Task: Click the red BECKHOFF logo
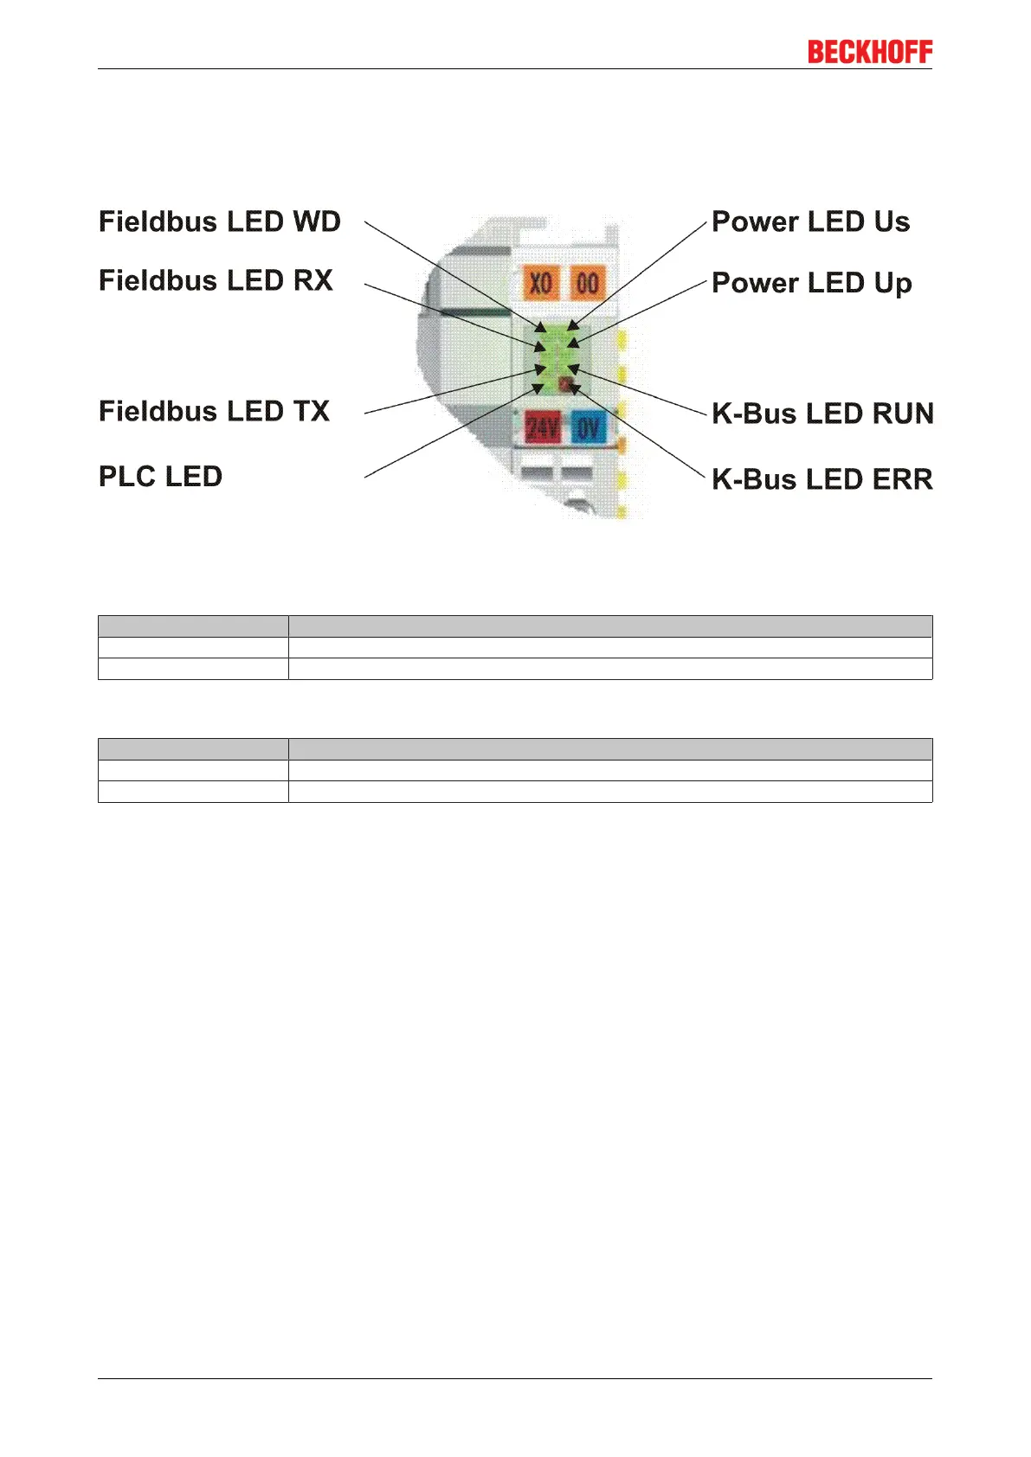(870, 52)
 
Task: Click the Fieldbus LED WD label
(220, 221)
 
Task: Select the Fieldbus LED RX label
(216, 280)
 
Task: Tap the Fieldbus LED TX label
(214, 411)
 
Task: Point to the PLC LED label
(160, 477)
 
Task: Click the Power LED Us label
(810, 221)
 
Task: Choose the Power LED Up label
(811, 284)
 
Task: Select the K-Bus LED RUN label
(822, 414)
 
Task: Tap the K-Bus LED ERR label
(822, 479)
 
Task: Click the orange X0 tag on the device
(540, 283)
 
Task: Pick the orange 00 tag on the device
(588, 283)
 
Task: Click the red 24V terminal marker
(543, 427)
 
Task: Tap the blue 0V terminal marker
(589, 427)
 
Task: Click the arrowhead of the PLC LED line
(538, 388)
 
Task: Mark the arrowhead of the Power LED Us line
(571, 327)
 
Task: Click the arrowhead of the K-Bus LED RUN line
(572, 369)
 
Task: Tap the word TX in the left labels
(311, 411)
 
